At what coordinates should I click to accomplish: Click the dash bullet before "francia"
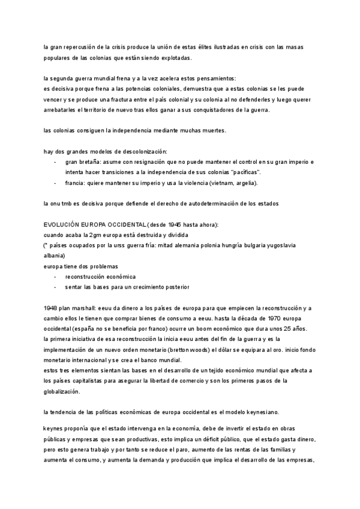55,183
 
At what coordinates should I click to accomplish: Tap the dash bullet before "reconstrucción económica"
55,277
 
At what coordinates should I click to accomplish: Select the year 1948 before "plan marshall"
51,308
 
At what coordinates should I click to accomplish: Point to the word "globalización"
62,391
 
